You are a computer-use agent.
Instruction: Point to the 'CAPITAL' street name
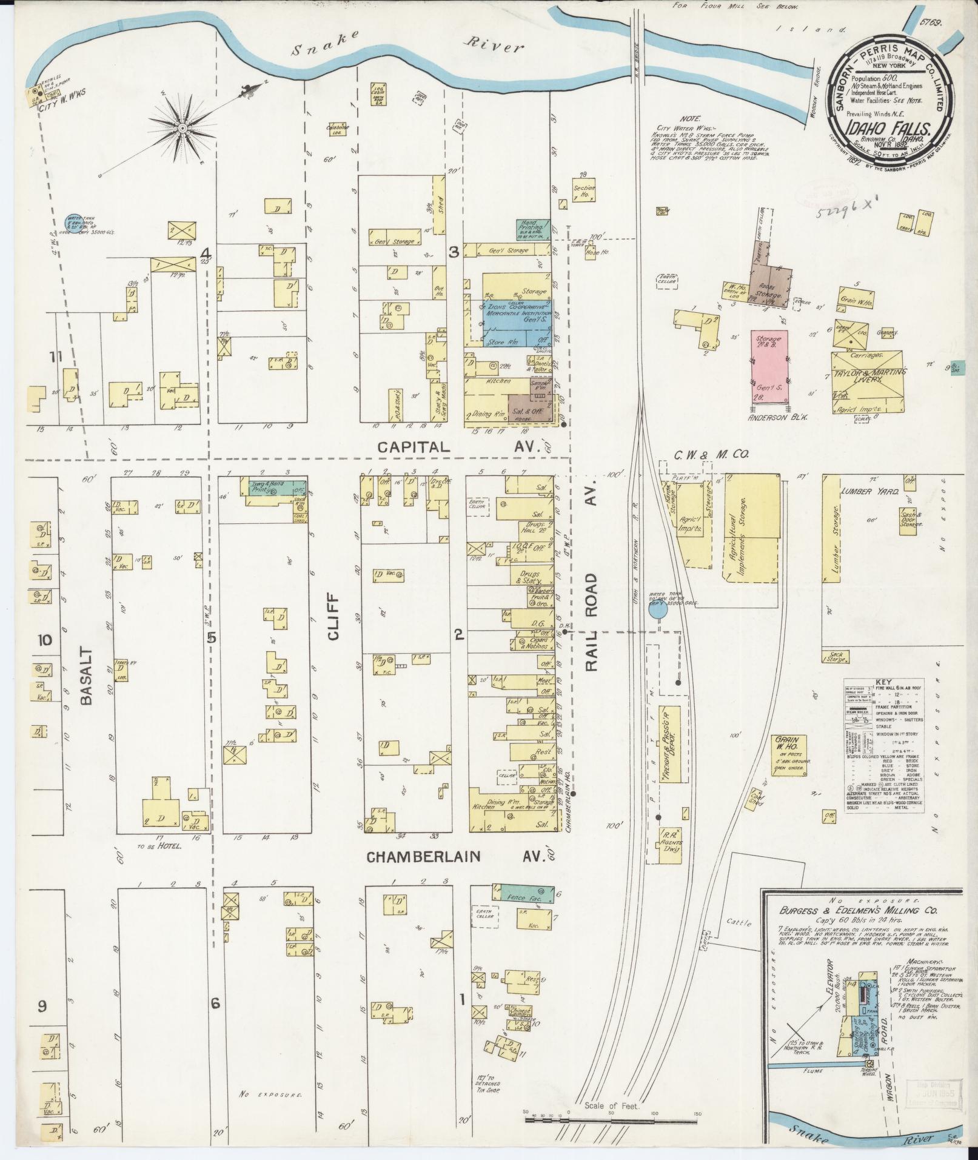click(x=414, y=448)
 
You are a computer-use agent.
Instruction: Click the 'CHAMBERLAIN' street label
click(x=424, y=857)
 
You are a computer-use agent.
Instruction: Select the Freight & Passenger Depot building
click(x=669, y=744)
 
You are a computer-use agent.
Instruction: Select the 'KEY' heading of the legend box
click(x=885, y=682)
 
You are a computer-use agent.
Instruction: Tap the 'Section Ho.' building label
click(x=584, y=192)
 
